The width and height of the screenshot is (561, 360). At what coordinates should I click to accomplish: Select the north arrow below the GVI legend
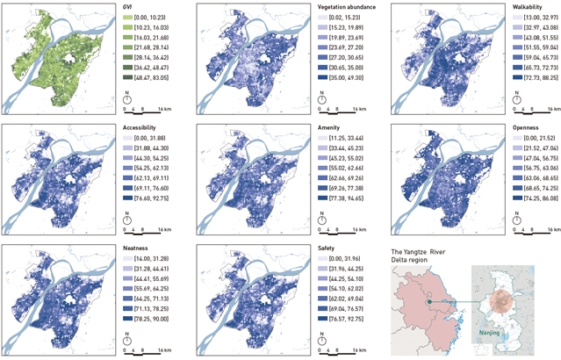pos(128,98)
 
